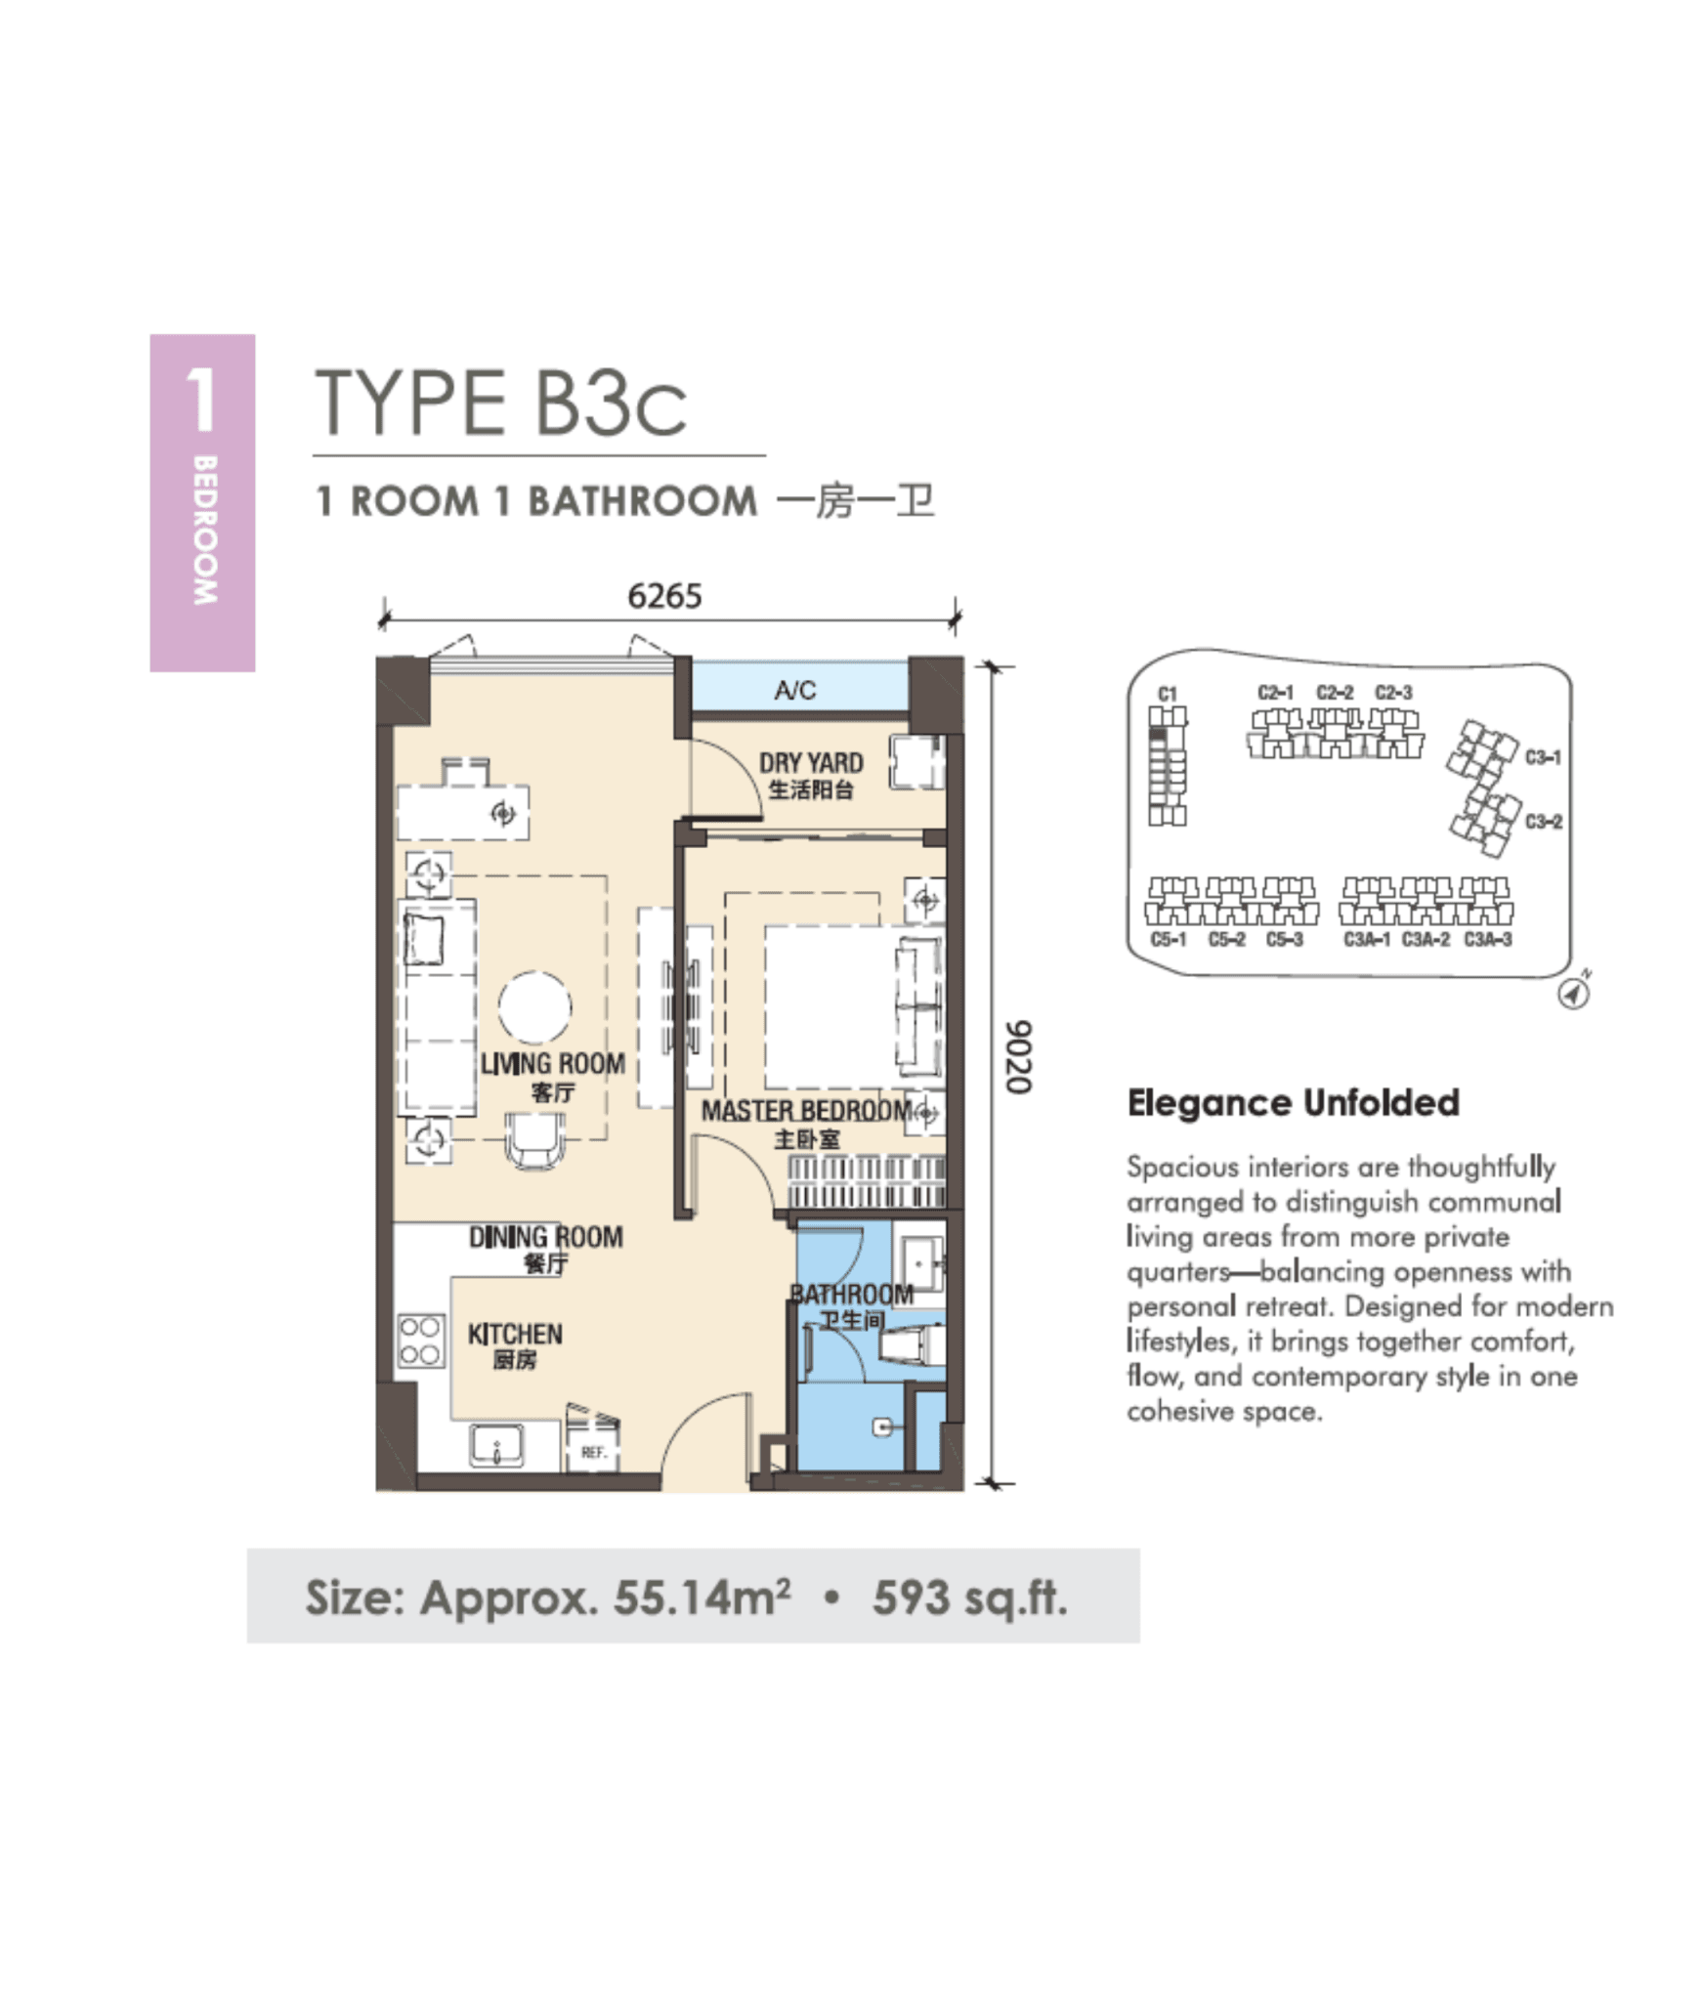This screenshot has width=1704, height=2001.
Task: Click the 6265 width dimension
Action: pos(663,595)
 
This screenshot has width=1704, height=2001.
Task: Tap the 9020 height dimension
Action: pos(1018,1057)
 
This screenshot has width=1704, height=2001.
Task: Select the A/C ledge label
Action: pos(794,691)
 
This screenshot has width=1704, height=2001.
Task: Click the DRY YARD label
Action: pos(811,763)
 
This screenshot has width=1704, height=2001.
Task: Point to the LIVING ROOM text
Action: pos(553,1064)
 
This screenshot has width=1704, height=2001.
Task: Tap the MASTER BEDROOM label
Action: pos(807,1111)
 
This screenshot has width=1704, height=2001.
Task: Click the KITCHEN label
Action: pos(515,1334)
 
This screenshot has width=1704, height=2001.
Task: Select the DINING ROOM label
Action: pos(545,1237)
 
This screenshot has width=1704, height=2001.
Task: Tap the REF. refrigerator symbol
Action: pos(593,1452)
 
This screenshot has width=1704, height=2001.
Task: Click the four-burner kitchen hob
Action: pos(419,1341)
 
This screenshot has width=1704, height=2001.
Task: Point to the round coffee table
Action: pos(534,1007)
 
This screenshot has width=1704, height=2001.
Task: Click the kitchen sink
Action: pos(496,1446)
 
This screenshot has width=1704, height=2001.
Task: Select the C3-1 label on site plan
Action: pos(1542,757)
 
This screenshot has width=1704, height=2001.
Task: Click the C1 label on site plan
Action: pos(1167,694)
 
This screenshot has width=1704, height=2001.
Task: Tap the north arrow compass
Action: pos(1572,994)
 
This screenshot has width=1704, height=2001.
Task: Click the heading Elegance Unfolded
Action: pos(1292,1103)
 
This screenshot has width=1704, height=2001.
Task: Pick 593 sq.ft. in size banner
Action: pos(969,1598)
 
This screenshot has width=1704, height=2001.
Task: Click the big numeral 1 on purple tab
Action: pos(200,400)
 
